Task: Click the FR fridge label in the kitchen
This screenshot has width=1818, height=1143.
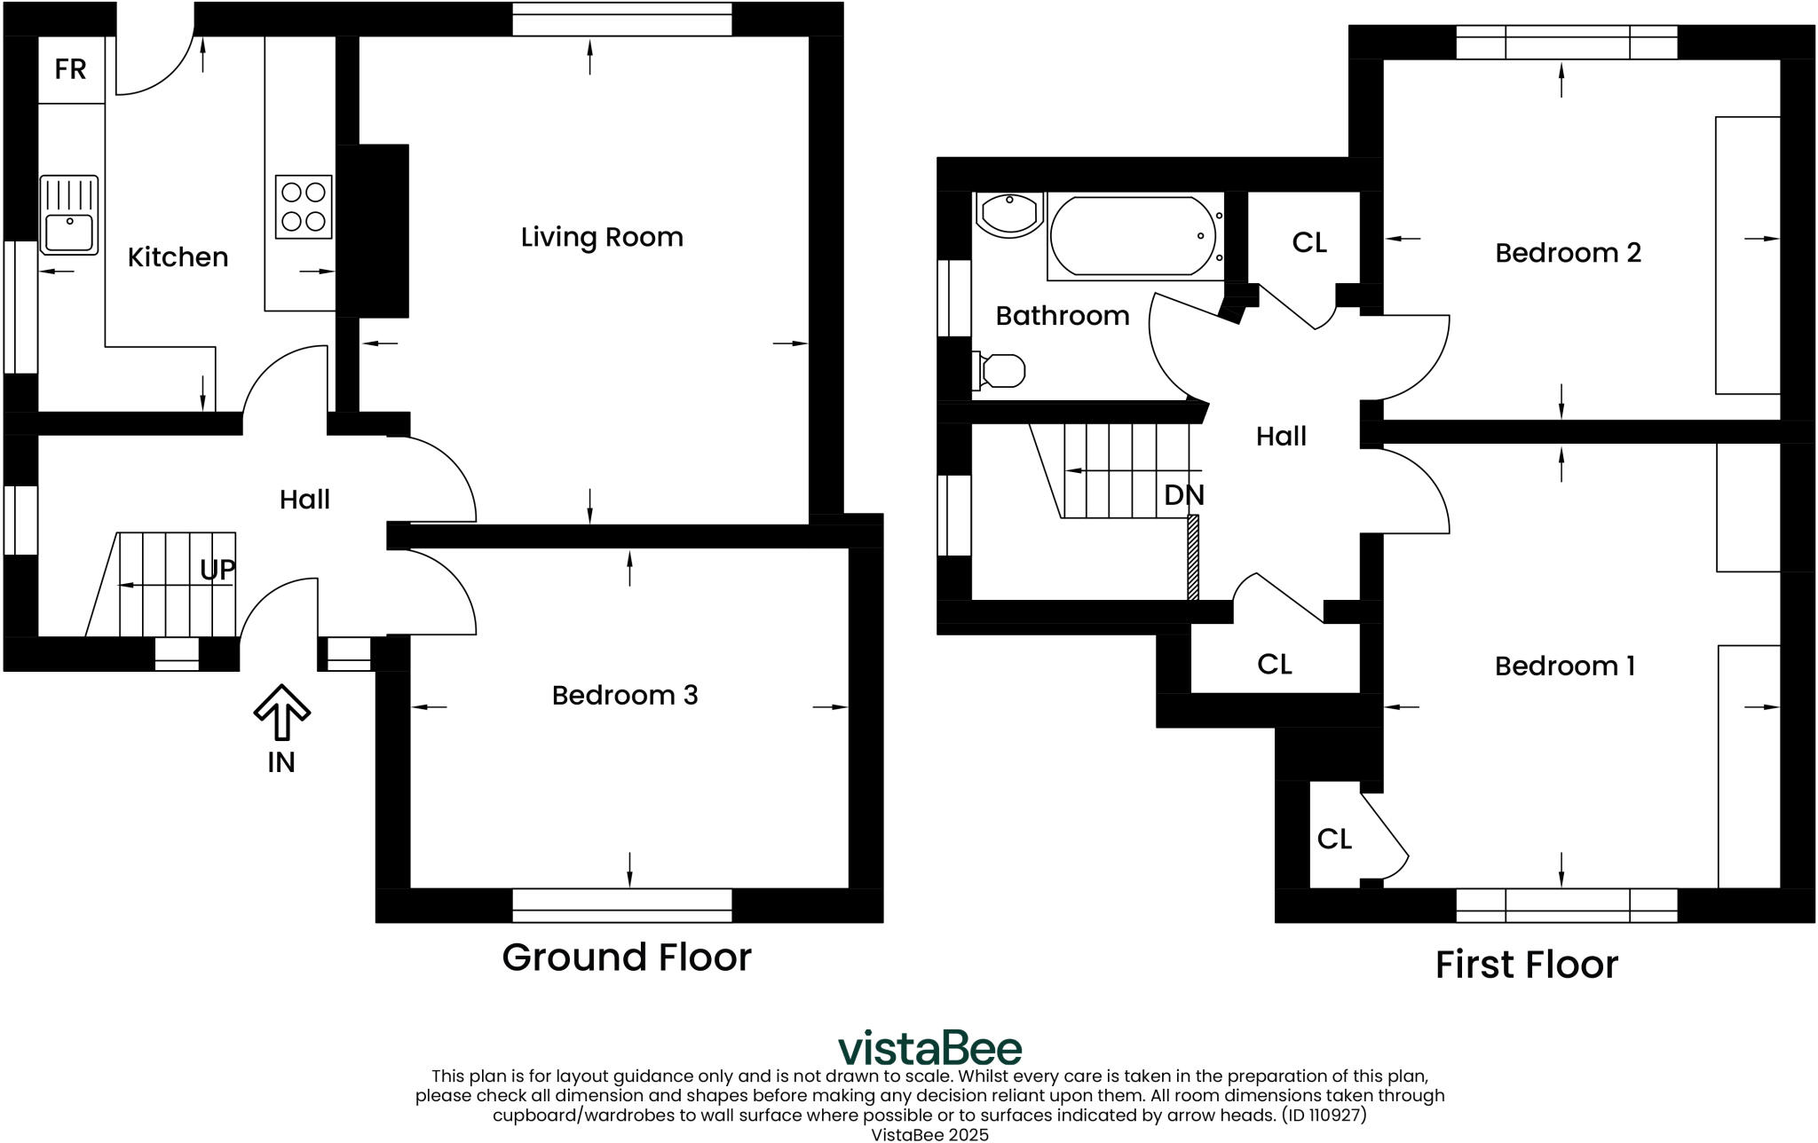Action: coord(70,69)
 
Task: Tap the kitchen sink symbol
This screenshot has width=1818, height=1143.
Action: coord(69,215)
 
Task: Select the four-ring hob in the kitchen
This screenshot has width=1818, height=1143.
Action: coord(304,206)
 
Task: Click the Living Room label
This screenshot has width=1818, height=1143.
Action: coord(602,238)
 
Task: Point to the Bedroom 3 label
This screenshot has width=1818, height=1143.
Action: coord(625,695)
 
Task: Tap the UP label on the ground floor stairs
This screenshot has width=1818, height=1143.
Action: coord(217,570)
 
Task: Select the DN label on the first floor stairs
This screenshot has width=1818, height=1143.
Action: coord(1184,495)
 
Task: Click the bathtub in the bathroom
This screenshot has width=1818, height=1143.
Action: coord(1134,236)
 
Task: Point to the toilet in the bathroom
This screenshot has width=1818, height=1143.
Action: coord(1000,371)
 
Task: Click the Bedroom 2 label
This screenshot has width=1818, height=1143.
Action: coord(1568,254)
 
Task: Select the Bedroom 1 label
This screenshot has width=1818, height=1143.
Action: coord(1564,666)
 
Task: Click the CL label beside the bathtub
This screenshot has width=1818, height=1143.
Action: coord(1309,242)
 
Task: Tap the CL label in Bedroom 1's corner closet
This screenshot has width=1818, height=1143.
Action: coord(1334,840)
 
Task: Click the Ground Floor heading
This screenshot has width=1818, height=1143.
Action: coord(627,958)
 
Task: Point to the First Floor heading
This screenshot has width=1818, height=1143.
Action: coord(1526,965)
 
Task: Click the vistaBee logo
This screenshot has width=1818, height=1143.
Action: coord(929,1049)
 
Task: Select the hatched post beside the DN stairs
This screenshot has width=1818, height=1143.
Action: coord(1193,557)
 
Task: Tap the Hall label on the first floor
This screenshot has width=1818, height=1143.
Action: coord(1281,437)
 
